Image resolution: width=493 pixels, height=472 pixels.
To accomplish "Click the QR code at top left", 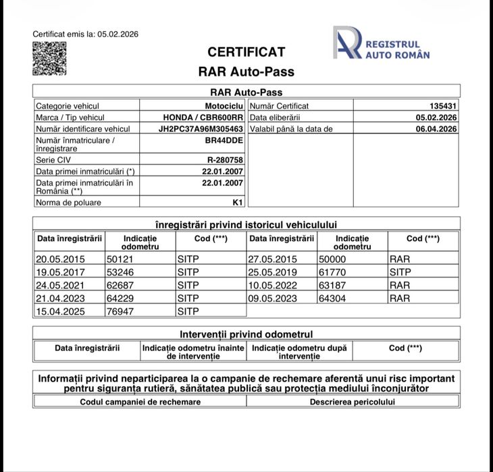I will point(50,59).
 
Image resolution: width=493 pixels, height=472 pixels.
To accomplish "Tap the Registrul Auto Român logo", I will point(382,43).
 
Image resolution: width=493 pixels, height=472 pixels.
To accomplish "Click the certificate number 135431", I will point(443,106).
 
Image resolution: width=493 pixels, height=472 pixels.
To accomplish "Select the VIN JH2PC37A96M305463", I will point(201,128).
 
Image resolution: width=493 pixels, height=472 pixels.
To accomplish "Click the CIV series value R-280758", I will point(225,160).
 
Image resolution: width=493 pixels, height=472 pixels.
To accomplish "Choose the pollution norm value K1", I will point(237,201).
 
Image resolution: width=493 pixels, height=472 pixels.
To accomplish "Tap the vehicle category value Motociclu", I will point(224,106).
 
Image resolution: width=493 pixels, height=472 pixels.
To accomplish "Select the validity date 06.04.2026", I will point(436,128).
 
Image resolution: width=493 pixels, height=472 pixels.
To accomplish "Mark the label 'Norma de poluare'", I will point(68,201).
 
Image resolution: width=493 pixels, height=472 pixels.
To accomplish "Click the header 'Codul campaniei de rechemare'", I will point(140,402).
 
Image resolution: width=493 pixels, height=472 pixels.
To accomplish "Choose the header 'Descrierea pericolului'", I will point(353,402).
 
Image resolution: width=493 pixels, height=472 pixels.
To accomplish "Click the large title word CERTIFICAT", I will point(246,52).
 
